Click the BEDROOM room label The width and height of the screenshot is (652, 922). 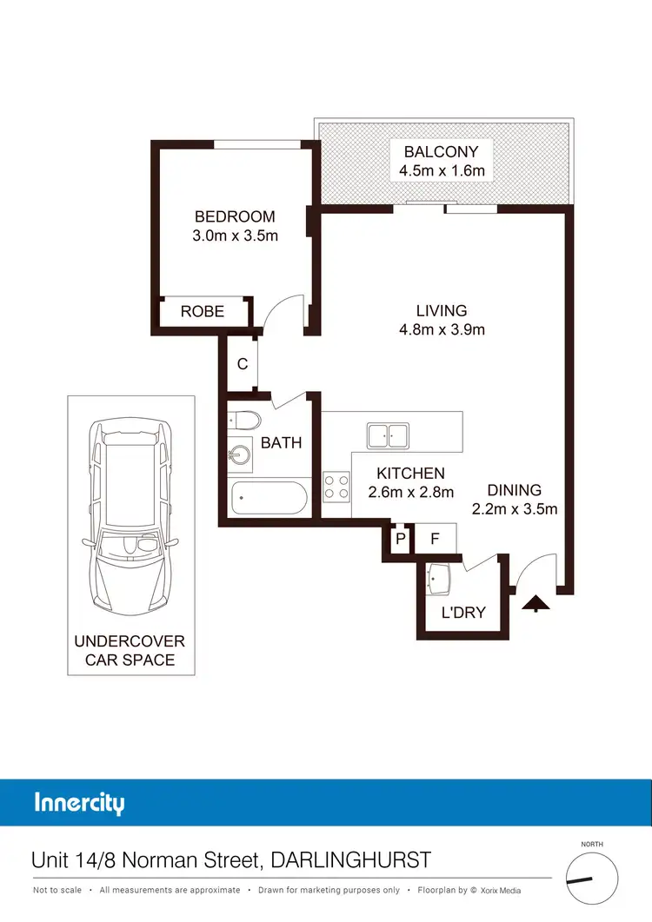pyautogui.click(x=235, y=216)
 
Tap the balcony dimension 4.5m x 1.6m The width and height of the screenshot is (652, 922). pyautogui.click(x=442, y=170)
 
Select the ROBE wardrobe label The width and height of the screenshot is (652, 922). pyautogui.click(x=203, y=311)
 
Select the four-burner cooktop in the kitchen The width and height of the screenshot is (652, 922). pyautogui.click(x=336, y=485)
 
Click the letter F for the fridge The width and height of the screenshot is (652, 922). pyautogui.click(x=436, y=538)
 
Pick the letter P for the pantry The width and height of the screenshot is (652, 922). pyautogui.click(x=401, y=538)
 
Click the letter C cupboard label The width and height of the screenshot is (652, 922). pyautogui.click(x=243, y=364)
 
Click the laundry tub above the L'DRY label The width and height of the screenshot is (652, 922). pyautogui.click(x=439, y=577)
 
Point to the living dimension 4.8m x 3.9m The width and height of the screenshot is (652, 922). pyautogui.click(x=442, y=329)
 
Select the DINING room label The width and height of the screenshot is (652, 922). pyautogui.click(x=515, y=490)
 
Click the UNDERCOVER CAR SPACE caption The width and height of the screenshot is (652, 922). pyautogui.click(x=130, y=650)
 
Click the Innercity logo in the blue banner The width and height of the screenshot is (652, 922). pyautogui.click(x=79, y=802)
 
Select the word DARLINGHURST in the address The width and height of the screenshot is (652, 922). pyautogui.click(x=351, y=860)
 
